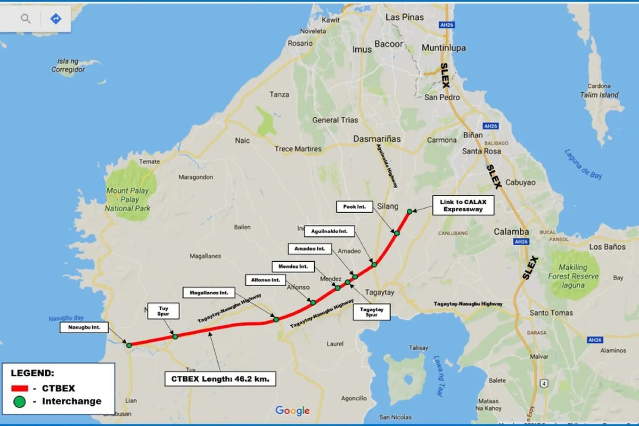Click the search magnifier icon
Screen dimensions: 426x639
(26, 19)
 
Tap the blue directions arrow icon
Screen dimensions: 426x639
(55, 19)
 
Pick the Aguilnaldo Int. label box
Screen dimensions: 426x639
(329, 231)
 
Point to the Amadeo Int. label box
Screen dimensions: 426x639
(309, 248)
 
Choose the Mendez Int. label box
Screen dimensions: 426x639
(293, 266)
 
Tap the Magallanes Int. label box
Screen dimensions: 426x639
(209, 293)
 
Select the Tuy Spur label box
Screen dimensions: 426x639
(163, 311)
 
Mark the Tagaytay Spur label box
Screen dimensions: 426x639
(372, 312)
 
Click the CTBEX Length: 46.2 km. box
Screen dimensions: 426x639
(220, 379)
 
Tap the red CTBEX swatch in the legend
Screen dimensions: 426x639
(22, 389)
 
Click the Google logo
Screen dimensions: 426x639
(292, 411)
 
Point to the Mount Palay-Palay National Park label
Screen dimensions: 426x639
(128, 199)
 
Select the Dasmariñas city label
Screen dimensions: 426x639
(377, 139)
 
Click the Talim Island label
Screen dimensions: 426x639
(599, 95)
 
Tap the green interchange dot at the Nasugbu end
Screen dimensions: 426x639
(129, 345)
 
